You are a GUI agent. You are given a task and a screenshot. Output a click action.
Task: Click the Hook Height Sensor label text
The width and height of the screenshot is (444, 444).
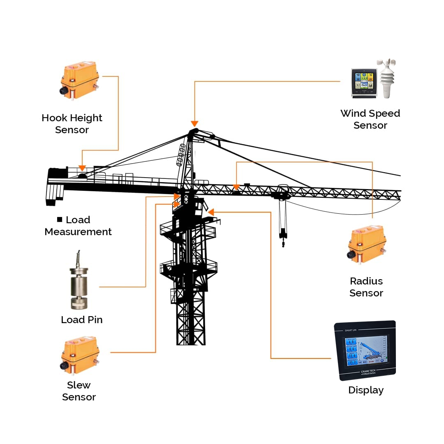[x=72, y=124]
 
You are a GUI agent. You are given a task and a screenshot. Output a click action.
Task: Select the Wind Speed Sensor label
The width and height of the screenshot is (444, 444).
[x=370, y=119]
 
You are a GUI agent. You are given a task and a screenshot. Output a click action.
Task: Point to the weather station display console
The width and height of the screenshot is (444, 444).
[x=364, y=83]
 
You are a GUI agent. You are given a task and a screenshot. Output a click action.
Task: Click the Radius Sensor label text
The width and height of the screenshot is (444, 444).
[x=366, y=287]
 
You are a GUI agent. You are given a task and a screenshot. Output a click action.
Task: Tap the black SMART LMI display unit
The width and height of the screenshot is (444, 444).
[x=365, y=350]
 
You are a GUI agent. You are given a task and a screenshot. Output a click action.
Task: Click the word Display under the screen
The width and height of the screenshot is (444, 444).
[x=366, y=390]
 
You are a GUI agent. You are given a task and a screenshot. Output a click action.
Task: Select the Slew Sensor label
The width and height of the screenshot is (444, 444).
[x=79, y=391]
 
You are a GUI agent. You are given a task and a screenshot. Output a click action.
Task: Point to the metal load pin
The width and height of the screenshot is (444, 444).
[x=79, y=286]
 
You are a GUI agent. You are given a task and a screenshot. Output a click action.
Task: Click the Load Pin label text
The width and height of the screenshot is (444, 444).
[x=82, y=320]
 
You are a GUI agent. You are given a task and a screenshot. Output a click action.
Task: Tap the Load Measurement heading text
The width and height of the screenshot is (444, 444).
[x=78, y=226]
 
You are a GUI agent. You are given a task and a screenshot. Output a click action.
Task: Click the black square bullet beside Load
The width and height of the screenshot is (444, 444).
[x=60, y=220]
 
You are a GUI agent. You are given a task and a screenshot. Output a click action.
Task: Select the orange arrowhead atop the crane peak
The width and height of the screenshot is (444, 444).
[x=194, y=124]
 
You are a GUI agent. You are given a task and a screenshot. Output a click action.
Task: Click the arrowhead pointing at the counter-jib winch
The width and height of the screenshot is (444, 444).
[x=82, y=168]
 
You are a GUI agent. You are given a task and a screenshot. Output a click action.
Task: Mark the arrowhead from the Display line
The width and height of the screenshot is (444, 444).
[x=211, y=212]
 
